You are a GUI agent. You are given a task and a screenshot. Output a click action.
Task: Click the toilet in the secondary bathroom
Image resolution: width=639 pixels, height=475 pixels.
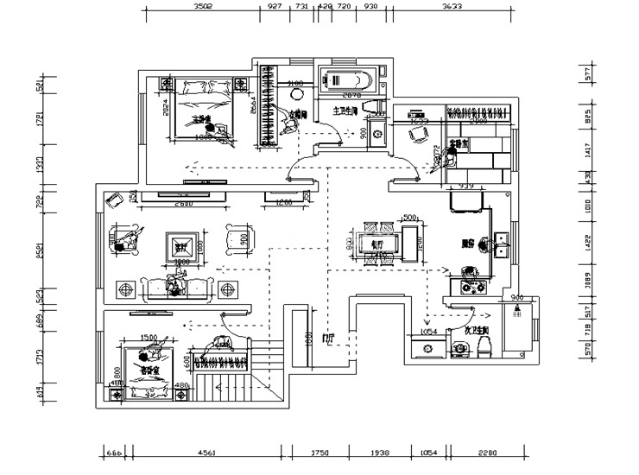[483, 345]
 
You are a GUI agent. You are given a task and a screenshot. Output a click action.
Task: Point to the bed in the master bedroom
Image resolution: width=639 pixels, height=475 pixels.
[204, 110]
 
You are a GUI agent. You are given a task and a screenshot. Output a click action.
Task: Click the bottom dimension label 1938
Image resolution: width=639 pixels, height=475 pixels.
[381, 453]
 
